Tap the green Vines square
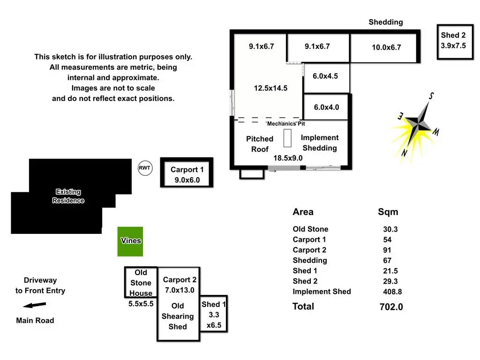(130, 241)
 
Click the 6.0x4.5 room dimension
(325, 76)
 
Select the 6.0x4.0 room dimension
(326, 107)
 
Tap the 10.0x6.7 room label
(386, 47)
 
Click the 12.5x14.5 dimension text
(270, 88)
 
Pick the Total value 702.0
(391, 307)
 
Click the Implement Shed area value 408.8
(392, 292)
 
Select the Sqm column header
(388, 212)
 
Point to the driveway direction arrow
(34, 305)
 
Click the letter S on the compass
(431, 96)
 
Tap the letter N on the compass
(405, 152)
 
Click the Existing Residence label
(68, 196)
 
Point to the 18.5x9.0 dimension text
(288, 158)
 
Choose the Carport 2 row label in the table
(309, 250)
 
